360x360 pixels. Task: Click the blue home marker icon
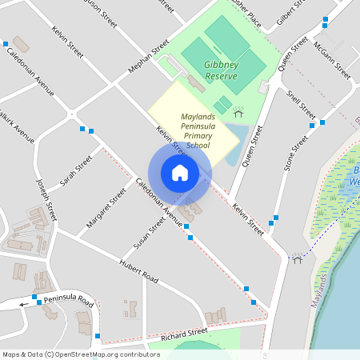tap(180, 172)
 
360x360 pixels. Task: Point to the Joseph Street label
tap(47, 199)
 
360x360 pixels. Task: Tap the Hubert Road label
tap(139, 272)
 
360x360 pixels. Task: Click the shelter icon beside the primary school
tap(238, 111)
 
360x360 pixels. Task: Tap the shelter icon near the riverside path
tap(298, 258)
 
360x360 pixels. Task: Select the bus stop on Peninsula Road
tap(38, 302)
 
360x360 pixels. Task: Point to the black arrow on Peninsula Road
tap(24, 304)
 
